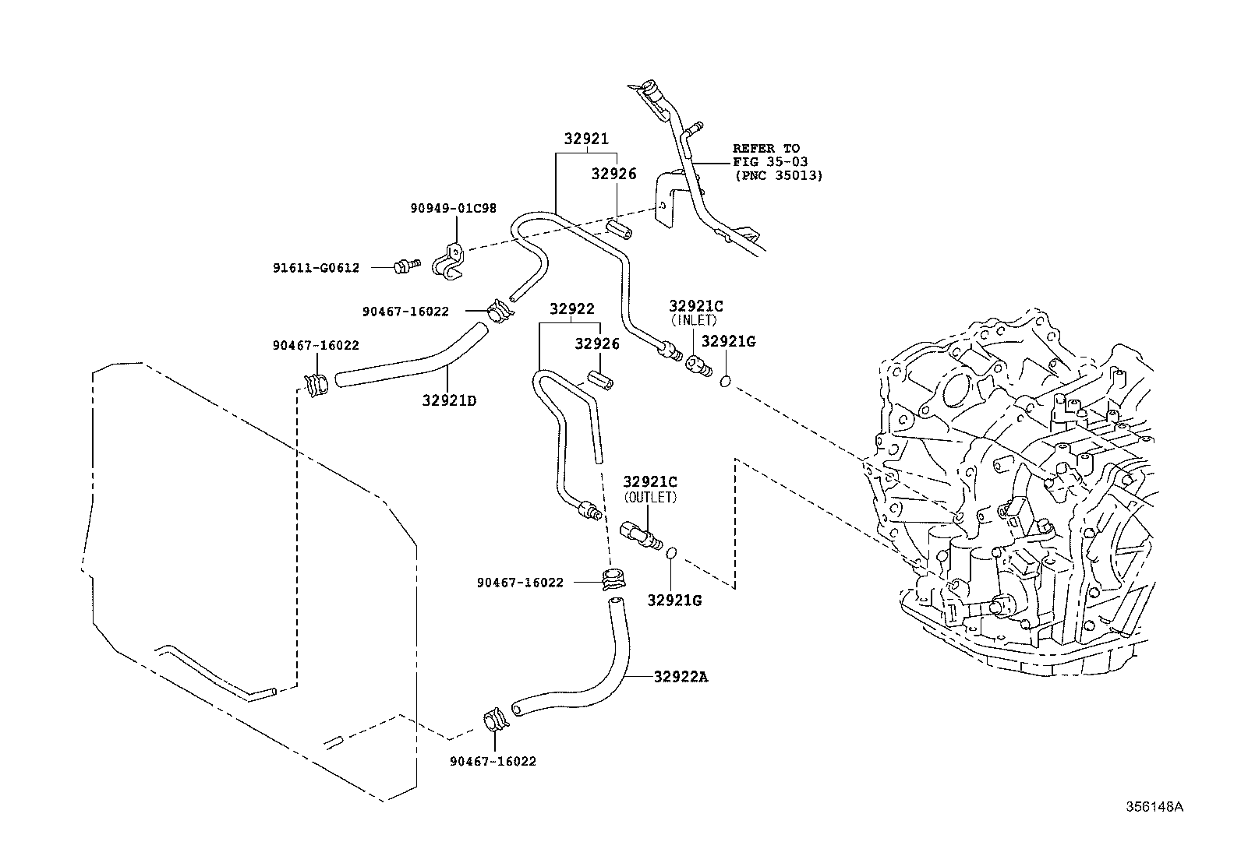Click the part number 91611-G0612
pyautogui.click(x=316, y=268)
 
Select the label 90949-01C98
pyautogui.click(x=453, y=208)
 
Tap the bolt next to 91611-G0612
pyautogui.click(x=407, y=266)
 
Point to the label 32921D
pyautogui.click(x=449, y=400)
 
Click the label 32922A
pyautogui.click(x=681, y=677)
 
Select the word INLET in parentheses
pyautogui.click(x=695, y=321)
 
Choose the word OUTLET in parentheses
pyautogui.click(x=650, y=497)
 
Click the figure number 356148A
pyautogui.click(x=1154, y=807)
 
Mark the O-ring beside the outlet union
pyautogui.click(x=671, y=553)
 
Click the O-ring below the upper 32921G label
pyautogui.click(x=725, y=382)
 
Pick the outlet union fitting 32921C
pyautogui.click(x=641, y=536)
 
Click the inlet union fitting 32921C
pyautogui.click(x=698, y=366)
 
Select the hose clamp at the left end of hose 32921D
pyautogui.click(x=316, y=386)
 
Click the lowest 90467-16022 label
pyautogui.click(x=493, y=761)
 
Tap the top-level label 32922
pyautogui.click(x=571, y=308)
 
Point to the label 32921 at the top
pyautogui.click(x=586, y=139)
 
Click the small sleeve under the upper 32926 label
pyautogui.click(x=618, y=230)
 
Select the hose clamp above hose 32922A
pyautogui.click(x=613, y=579)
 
